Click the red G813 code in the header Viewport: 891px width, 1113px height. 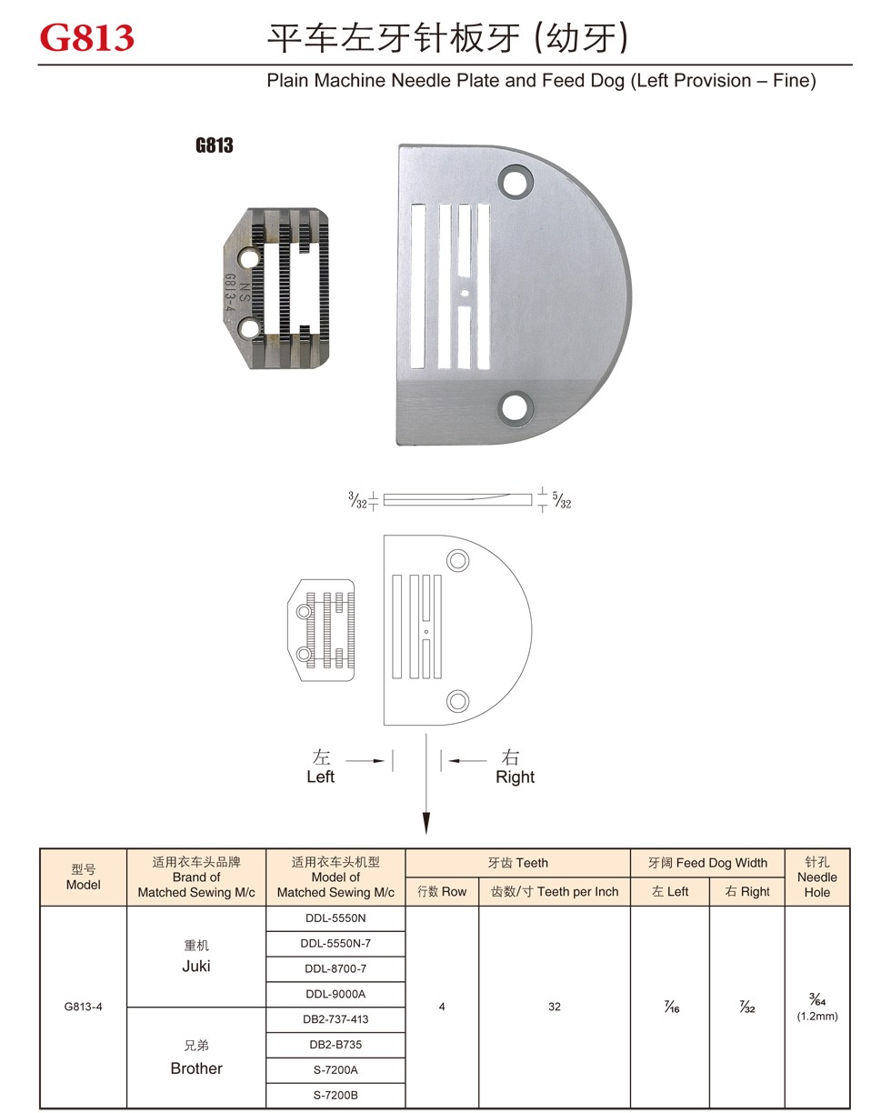click(87, 38)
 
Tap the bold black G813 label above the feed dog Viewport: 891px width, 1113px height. click(214, 145)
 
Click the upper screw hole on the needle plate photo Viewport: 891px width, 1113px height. click(516, 182)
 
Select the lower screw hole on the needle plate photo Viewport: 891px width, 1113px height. click(516, 408)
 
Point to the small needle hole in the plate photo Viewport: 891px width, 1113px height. click(465, 293)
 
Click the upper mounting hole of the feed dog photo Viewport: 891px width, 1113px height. click(250, 257)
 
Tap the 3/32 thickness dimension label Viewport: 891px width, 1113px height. click(357, 500)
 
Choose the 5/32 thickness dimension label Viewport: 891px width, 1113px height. click(562, 500)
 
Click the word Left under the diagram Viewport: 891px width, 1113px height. click(321, 777)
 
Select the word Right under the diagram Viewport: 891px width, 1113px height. click(516, 777)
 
